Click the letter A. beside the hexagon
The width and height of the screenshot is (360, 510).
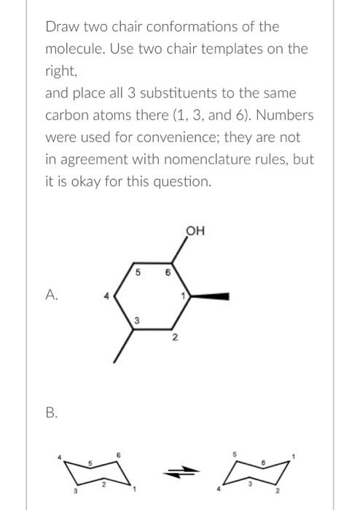tap(52, 295)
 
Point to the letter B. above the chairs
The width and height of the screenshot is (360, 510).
tap(52, 412)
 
